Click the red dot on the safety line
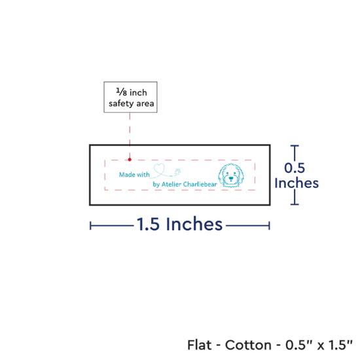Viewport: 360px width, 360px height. pos(130,159)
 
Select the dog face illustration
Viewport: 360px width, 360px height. pos(231,175)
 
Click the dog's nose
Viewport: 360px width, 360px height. pos(231,178)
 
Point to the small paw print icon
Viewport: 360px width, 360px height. pos(178,171)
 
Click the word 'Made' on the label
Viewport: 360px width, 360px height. pos(127,175)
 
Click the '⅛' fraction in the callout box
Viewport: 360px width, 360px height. pos(122,92)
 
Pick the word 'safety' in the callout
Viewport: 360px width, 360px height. pos(122,104)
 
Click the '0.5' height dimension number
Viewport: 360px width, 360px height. pos(295,168)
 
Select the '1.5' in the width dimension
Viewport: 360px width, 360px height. pos(148,224)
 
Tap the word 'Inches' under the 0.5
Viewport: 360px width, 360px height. pos(297,183)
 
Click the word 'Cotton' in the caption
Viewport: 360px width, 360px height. pos(248,345)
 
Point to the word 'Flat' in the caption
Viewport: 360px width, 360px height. pos(199,345)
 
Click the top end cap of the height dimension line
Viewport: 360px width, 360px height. pos(295,145)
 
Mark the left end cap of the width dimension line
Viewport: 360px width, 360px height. pos(90,225)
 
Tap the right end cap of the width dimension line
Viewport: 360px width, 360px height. pos(269,225)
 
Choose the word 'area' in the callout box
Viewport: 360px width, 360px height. pos(145,104)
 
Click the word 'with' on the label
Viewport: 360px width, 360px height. pos(143,175)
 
